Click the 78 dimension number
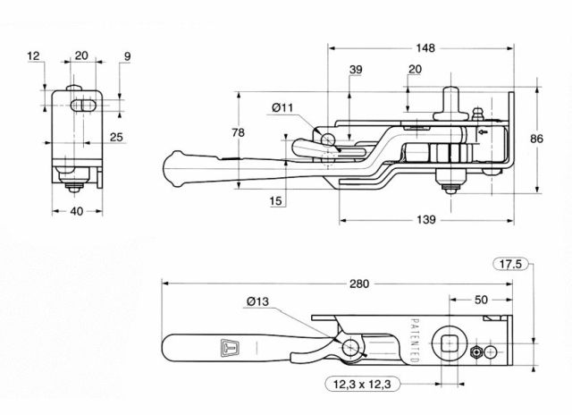click(x=238, y=132)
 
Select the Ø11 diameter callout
click(x=282, y=109)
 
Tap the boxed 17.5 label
click(x=510, y=263)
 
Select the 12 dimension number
click(x=34, y=56)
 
